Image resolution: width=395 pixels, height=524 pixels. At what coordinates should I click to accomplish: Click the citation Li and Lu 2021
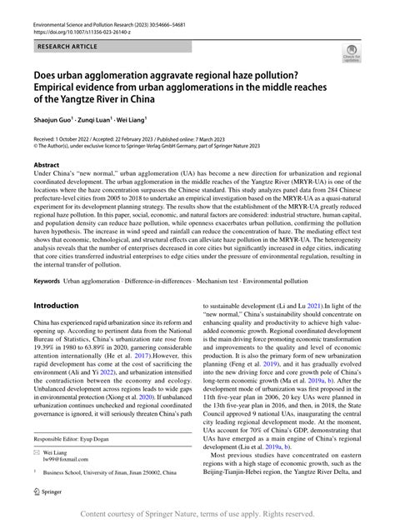(x=302, y=306)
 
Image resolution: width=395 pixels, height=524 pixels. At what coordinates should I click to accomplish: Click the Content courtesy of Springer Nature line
(x=197, y=514)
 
